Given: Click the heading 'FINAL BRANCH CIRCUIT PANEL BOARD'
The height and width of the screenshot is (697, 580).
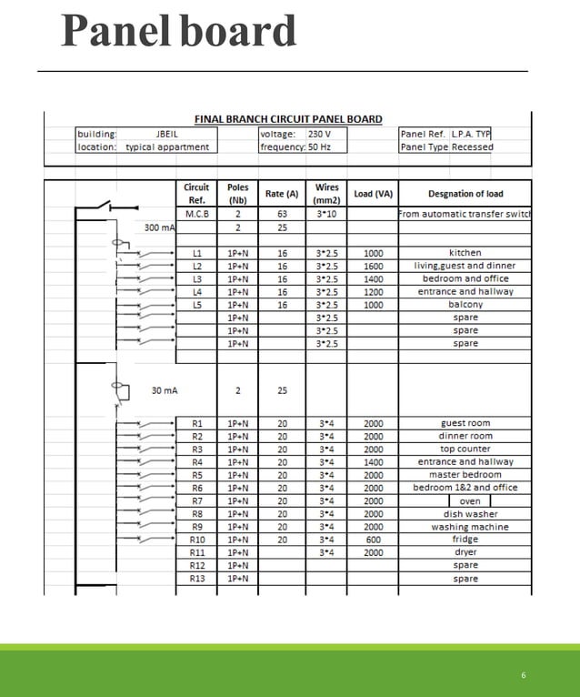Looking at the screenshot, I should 288,119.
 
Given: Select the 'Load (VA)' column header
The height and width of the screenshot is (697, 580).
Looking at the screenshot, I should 373,194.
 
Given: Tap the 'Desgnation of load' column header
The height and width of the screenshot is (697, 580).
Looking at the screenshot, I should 465,194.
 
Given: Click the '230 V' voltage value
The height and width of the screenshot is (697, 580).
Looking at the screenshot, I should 319,134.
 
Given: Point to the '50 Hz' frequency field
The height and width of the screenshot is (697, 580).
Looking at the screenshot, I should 319,146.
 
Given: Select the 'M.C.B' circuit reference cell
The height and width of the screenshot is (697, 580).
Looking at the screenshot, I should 197,214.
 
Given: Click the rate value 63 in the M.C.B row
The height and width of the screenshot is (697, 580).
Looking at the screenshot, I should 282,214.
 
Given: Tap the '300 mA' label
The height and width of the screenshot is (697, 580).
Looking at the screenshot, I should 159,227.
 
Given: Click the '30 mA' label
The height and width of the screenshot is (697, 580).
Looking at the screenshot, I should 165,390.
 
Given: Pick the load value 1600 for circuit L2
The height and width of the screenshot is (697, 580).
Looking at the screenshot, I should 373,266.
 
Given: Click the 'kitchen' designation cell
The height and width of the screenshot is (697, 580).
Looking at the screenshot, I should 465,253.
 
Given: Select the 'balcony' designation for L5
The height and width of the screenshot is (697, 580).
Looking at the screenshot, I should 465,305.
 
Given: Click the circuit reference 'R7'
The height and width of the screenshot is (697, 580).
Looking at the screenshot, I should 197,501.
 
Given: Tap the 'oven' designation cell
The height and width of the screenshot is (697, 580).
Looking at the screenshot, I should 470,501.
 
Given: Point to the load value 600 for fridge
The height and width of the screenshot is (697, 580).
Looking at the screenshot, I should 373,540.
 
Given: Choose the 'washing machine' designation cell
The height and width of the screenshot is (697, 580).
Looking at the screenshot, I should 469,527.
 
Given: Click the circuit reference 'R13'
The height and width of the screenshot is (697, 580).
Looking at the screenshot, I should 197,579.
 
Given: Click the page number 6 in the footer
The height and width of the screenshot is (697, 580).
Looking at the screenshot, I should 524,675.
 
